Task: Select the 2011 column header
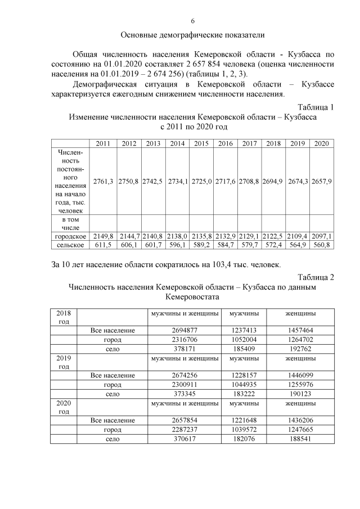(x=103, y=143)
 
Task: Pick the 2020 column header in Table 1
(x=321, y=143)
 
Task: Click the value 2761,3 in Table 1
(x=103, y=181)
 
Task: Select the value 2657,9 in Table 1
(x=321, y=181)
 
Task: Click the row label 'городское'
(x=70, y=236)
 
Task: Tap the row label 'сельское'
(x=70, y=245)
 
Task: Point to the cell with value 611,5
(x=103, y=245)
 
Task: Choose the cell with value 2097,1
(x=321, y=236)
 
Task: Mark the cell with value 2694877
(x=183, y=330)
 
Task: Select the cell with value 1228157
(x=244, y=375)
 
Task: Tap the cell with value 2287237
(x=183, y=429)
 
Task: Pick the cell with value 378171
(x=183, y=348)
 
